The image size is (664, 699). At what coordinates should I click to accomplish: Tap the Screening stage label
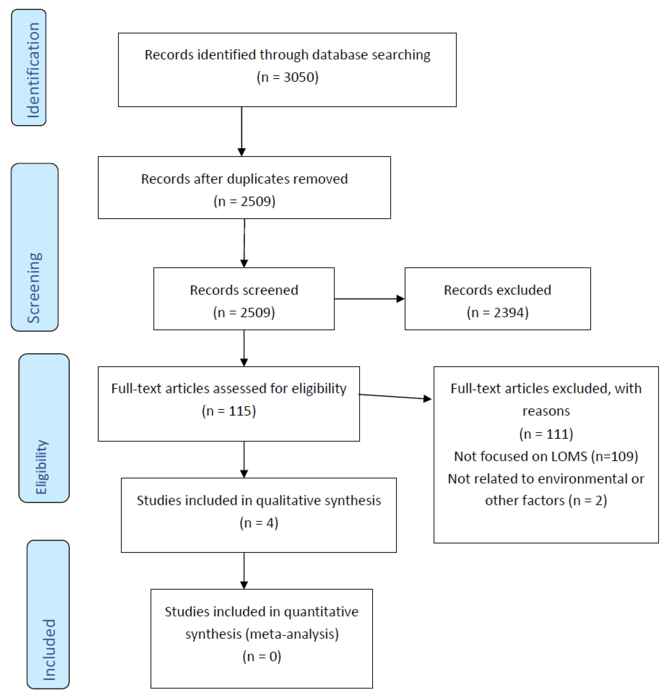(x=34, y=287)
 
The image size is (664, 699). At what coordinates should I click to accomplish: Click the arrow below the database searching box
(x=242, y=131)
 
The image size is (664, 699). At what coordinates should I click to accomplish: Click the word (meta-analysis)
(x=292, y=634)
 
